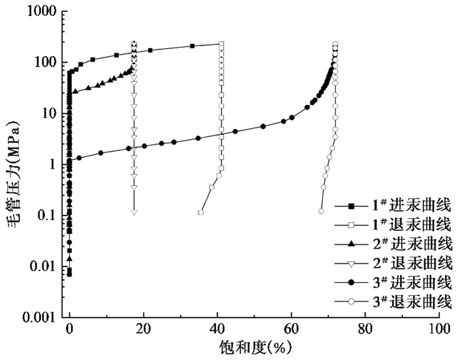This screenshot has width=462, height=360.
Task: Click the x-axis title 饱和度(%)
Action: click(x=254, y=346)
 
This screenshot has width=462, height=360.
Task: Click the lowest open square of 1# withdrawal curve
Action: click(x=201, y=212)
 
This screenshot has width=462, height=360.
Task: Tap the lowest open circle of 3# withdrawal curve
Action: click(x=321, y=212)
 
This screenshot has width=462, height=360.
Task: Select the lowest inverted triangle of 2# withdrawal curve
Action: click(x=134, y=212)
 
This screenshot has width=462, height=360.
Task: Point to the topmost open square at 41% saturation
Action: click(x=221, y=44)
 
